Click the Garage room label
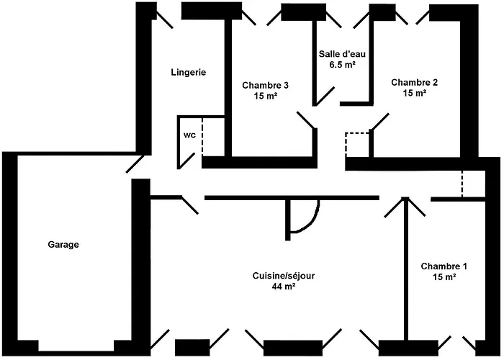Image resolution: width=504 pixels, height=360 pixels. [x=63, y=245]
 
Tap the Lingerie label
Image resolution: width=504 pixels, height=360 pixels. [x=189, y=72]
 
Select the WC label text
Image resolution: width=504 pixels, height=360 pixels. [x=189, y=135]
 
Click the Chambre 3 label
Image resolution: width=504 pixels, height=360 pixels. [x=266, y=84]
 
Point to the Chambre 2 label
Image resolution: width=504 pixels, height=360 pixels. [x=414, y=82]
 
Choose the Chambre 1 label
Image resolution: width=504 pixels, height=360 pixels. [x=444, y=265]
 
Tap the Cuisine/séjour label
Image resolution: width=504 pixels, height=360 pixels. [x=284, y=276]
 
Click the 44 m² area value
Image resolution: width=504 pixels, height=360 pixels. [x=284, y=287]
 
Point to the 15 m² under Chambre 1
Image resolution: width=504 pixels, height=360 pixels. [x=444, y=276]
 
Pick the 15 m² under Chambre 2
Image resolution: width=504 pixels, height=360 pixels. [x=414, y=93]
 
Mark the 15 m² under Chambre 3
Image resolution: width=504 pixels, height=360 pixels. [x=266, y=95]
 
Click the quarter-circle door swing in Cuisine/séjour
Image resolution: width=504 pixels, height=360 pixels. [x=304, y=218]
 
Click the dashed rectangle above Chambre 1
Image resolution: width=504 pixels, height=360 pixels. [x=472, y=184]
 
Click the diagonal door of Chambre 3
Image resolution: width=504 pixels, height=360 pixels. [x=306, y=120]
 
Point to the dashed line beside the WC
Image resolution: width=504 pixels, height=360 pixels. [x=202, y=137]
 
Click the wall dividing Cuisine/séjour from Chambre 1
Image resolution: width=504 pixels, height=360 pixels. [x=404, y=274]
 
